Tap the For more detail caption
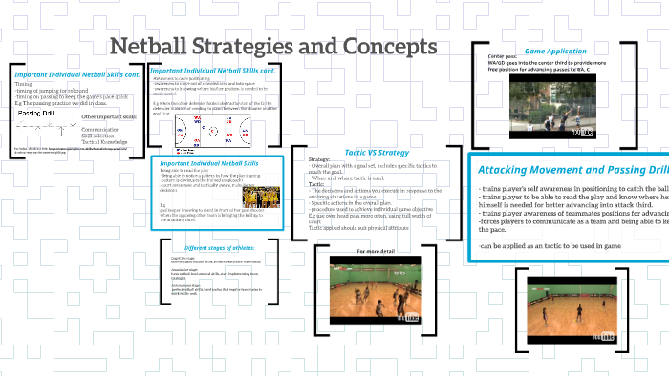click(376, 250)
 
